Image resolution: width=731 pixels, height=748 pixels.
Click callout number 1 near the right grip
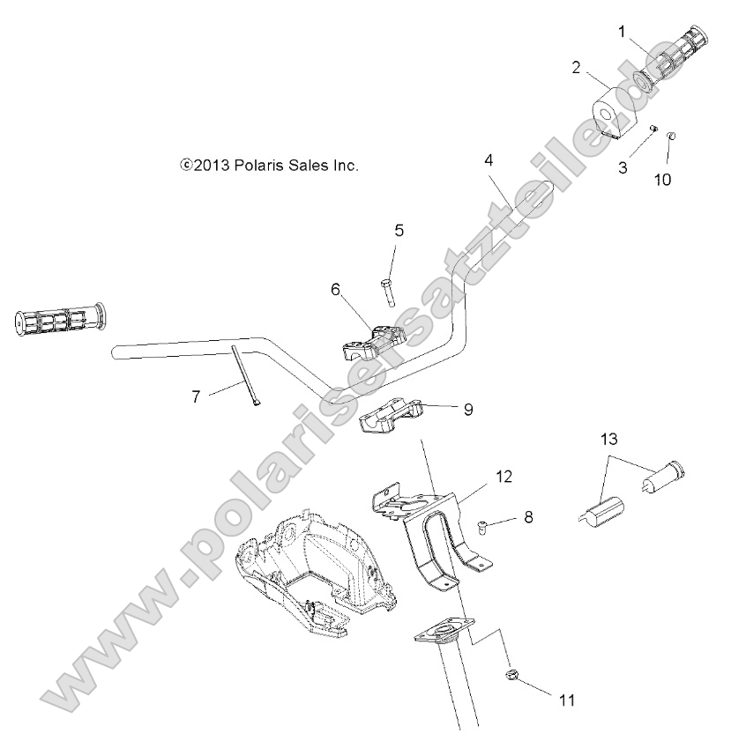pyautogui.click(x=623, y=33)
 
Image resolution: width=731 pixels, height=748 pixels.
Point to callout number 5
pyautogui.click(x=399, y=231)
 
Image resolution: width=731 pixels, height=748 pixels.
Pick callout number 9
pyautogui.click(x=467, y=409)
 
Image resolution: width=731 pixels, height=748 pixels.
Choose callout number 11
pyautogui.click(x=567, y=701)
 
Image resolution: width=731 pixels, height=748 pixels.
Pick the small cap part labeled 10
pyautogui.click(x=671, y=135)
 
